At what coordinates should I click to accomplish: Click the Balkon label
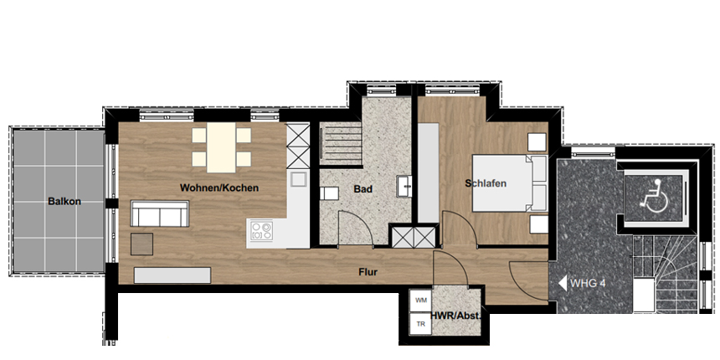pyautogui.click(x=64, y=202)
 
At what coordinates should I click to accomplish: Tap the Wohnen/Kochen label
pyautogui.click(x=219, y=188)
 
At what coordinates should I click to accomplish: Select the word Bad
pyautogui.click(x=363, y=188)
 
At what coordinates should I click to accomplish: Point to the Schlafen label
pyautogui.click(x=486, y=183)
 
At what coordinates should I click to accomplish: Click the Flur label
pyautogui.click(x=368, y=272)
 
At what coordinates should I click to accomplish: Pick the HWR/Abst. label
pyautogui.click(x=455, y=316)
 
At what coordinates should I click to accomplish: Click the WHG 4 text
pyautogui.click(x=588, y=283)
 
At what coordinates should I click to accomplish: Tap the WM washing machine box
pyautogui.click(x=421, y=301)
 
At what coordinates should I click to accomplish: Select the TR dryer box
pyautogui.click(x=421, y=324)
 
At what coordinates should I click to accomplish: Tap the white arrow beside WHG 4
pyautogui.click(x=563, y=283)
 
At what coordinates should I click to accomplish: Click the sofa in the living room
pyautogui.click(x=160, y=213)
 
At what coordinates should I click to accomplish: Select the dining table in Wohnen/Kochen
pyautogui.click(x=221, y=147)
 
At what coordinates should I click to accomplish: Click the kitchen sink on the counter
pyautogui.click(x=299, y=178)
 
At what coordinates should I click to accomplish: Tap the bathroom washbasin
pyautogui.click(x=404, y=186)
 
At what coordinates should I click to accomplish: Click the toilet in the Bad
pyautogui.click(x=329, y=193)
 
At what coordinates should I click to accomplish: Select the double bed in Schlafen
pyautogui.click(x=510, y=183)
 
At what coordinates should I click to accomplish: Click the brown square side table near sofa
pyautogui.click(x=141, y=244)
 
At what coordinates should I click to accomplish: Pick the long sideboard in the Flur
pyautogui.click(x=172, y=275)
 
